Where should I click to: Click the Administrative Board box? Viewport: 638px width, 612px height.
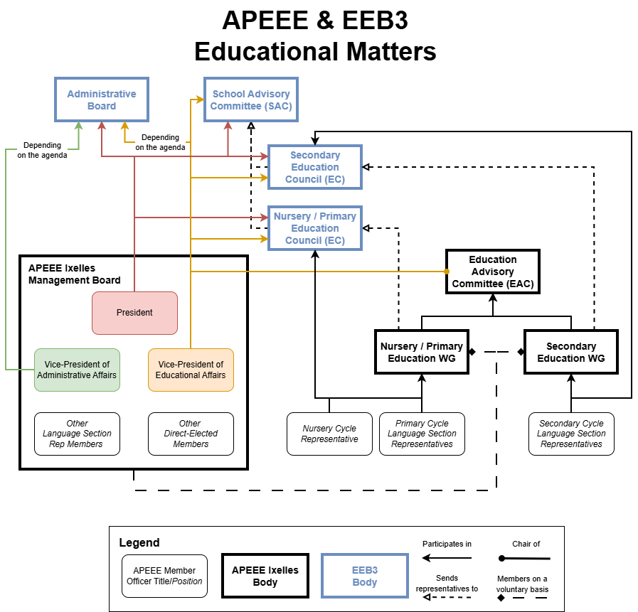tap(102, 100)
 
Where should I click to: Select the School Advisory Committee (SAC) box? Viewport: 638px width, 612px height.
tap(251, 100)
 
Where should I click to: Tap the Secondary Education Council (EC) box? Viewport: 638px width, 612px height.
tap(314, 167)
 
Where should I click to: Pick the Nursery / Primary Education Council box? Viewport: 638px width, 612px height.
tap(314, 228)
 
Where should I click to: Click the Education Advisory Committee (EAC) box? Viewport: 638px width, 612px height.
tap(492, 272)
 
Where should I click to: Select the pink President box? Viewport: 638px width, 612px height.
tap(134, 313)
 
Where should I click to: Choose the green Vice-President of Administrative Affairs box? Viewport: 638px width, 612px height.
tap(77, 370)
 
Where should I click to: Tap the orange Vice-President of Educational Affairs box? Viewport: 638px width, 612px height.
tap(191, 370)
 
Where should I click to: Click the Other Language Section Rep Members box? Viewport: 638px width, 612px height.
tap(77, 434)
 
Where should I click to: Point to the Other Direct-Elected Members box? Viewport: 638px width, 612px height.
tap(191, 434)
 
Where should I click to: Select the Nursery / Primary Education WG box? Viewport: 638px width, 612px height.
tap(421, 352)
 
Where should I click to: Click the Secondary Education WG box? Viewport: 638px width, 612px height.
tap(570, 352)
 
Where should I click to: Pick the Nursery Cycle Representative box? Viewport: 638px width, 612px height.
tap(329, 434)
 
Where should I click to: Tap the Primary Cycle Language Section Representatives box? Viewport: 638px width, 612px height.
tap(422, 434)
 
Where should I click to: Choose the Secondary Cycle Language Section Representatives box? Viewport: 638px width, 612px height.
tap(571, 434)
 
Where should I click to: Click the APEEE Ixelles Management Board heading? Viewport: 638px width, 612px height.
tap(74, 274)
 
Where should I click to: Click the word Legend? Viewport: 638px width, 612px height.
tap(139, 543)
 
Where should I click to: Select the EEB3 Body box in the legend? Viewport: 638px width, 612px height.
tap(365, 576)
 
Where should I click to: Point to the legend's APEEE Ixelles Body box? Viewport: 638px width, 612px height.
tap(265, 576)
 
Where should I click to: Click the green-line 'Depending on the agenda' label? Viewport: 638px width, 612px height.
tap(43, 150)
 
